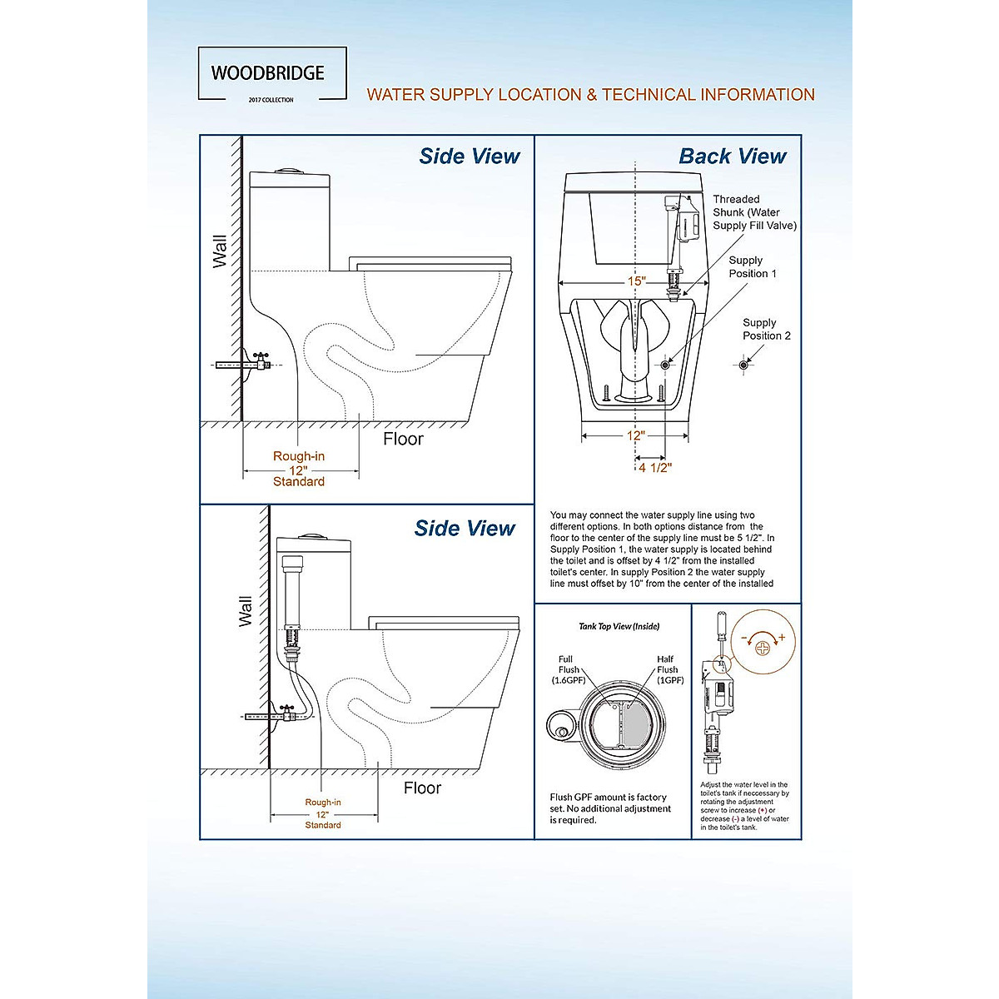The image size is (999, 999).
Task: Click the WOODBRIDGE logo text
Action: [x=267, y=72]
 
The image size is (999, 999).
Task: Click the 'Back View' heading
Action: [x=732, y=156]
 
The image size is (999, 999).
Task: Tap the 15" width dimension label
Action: [x=636, y=281]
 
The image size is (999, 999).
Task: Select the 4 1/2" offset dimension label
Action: [x=655, y=467]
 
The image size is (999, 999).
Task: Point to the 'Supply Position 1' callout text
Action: [x=753, y=266]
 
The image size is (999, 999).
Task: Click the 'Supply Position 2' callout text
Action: [x=766, y=329]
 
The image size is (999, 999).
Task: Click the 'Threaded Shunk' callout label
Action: [x=753, y=212]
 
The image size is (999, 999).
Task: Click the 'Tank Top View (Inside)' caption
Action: [x=619, y=626]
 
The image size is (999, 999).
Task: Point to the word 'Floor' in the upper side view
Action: [x=403, y=439]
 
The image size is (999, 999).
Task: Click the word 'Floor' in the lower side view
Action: [x=422, y=788]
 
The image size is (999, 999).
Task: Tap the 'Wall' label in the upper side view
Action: [x=220, y=251]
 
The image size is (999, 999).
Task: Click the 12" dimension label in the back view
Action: [x=636, y=435]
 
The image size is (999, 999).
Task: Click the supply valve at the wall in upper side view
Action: [x=261, y=363]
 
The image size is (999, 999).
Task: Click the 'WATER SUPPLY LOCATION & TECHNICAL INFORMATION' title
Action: [x=590, y=95]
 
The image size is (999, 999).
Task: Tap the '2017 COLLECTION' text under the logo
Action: [x=271, y=100]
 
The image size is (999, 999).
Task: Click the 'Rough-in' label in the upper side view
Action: [x=299, y=456]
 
